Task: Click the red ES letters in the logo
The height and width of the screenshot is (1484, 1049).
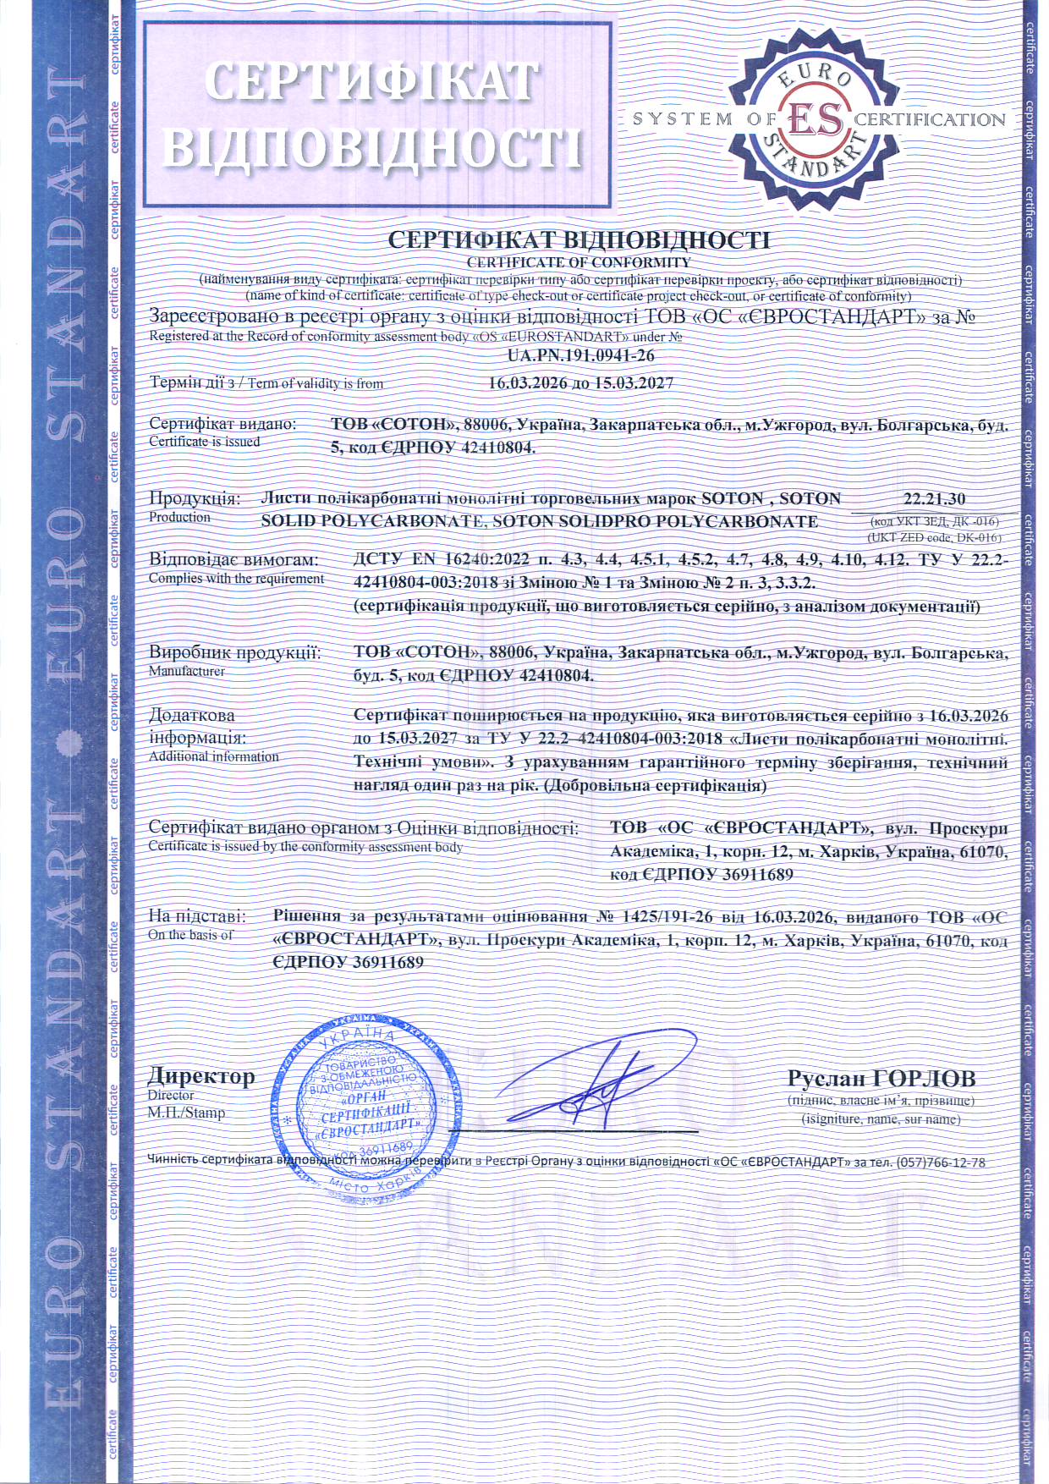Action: [816, 120]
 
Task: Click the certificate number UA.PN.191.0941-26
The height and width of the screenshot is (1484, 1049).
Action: [581, 356]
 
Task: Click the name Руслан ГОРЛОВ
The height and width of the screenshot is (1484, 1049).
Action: [881, 1078]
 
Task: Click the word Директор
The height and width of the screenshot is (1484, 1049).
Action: [200, 1076]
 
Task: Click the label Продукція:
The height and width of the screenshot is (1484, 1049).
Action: [195, 498]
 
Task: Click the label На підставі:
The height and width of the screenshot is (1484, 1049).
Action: [197, 916]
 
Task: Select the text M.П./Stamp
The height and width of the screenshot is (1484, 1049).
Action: [186, 1113]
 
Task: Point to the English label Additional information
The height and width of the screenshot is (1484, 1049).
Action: [213, 756]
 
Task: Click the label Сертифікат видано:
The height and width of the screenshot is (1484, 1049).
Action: [222, 423]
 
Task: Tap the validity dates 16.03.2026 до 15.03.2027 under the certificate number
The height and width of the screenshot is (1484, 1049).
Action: [581, 383]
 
